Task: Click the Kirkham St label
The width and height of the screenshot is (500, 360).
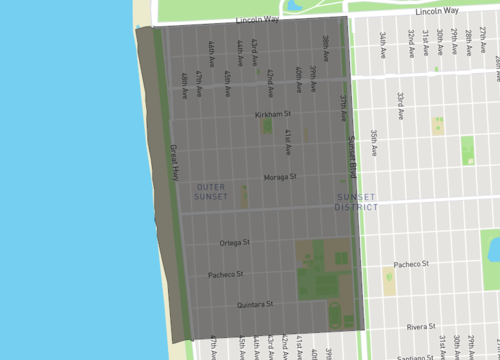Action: tap(272, 115)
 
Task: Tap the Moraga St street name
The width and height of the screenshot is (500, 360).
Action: tap(280, 177)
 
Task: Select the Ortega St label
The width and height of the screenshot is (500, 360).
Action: tap(234, 242)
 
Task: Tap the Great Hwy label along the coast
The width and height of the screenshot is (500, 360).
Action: tap(172, 159)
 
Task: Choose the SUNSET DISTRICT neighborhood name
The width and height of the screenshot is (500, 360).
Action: tap(357, 201)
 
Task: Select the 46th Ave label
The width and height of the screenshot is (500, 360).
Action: tap(212, 50)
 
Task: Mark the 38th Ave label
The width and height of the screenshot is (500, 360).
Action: tap(325, 46)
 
